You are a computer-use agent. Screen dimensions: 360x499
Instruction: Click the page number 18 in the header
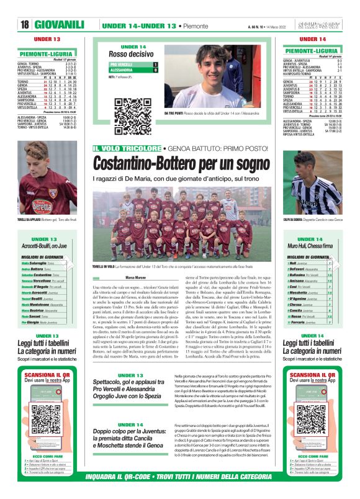(x=25, y=24)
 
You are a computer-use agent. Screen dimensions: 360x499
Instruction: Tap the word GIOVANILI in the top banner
(x=60, y=24)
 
